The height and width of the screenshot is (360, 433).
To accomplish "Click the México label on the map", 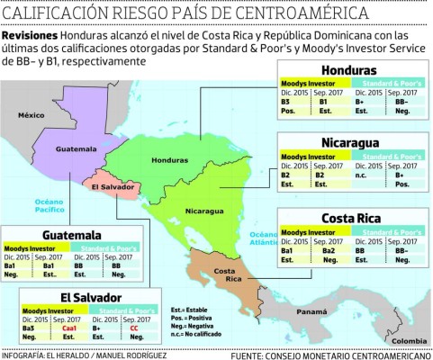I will coord(33,115).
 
